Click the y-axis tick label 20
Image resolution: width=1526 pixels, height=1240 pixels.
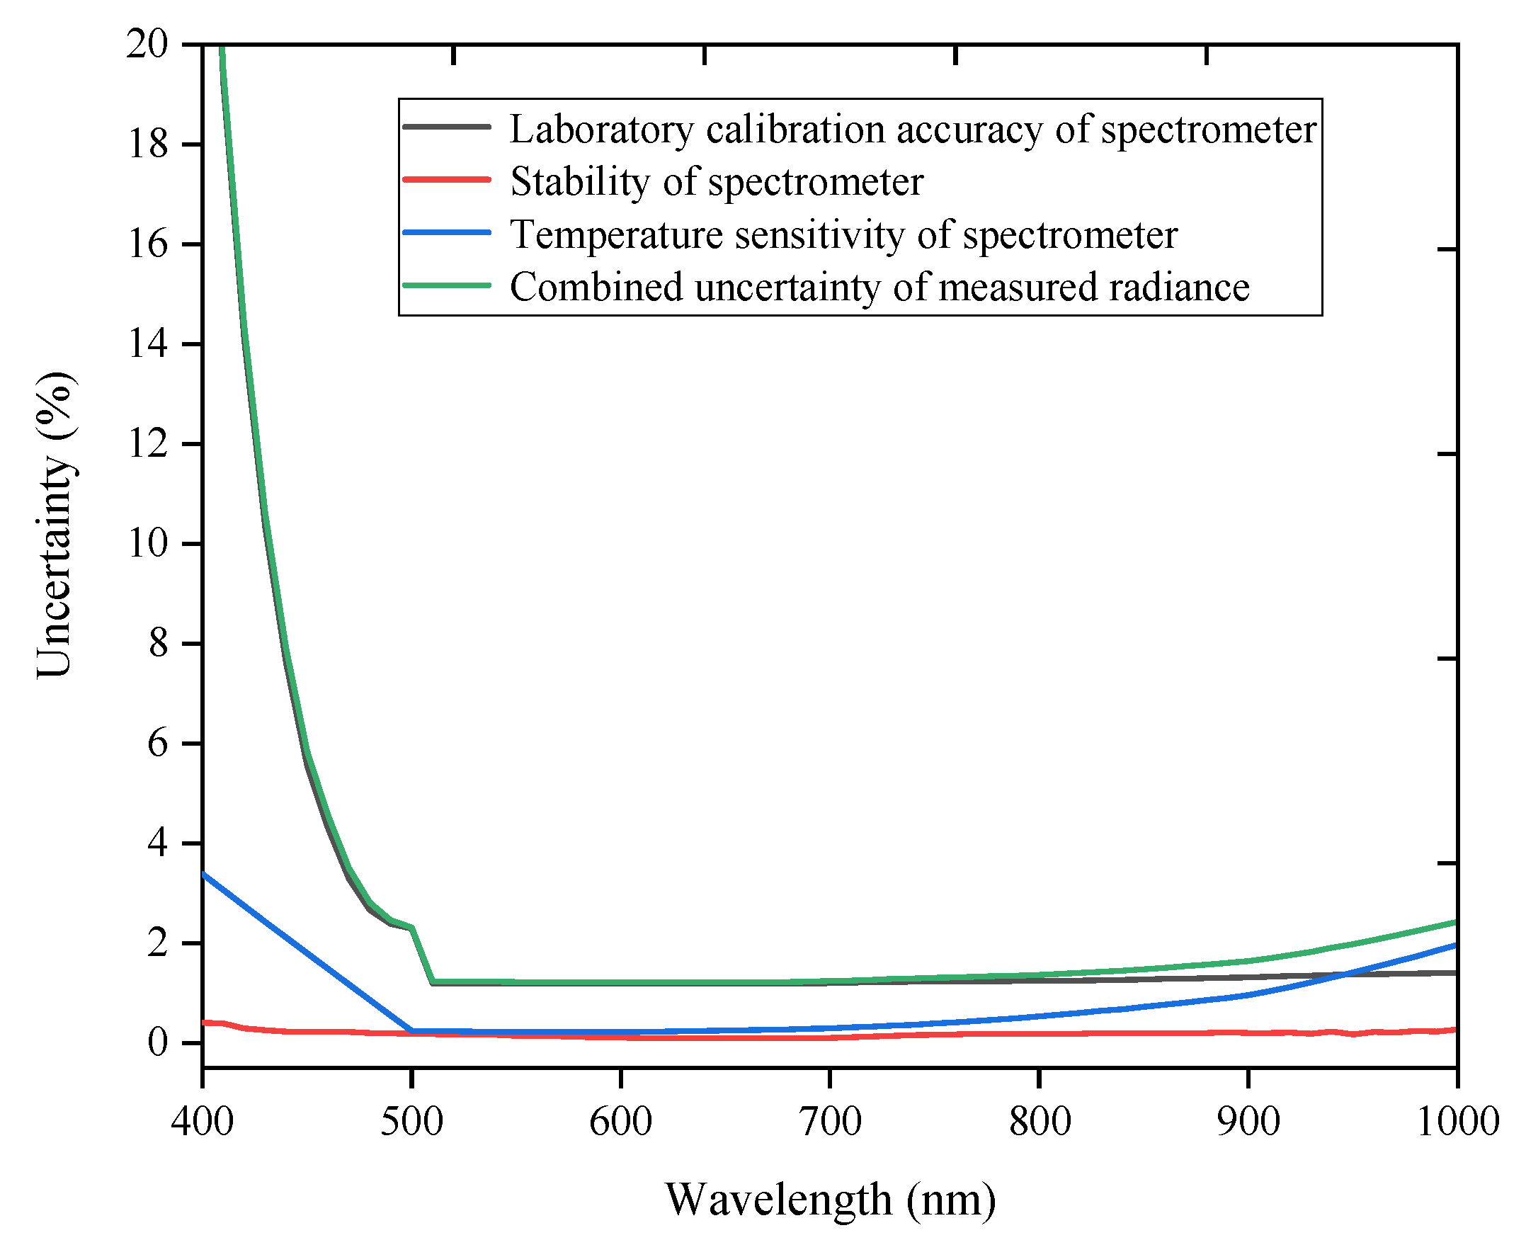point(147,45)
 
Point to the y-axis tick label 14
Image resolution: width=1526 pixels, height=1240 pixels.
point(147,344)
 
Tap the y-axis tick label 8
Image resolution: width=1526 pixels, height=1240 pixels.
point(157,644)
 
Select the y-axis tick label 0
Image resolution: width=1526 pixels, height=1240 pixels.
point(157,1043)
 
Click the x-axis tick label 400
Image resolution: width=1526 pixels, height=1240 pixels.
point(202,1122)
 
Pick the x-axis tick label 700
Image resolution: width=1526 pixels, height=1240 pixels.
point(830,1122)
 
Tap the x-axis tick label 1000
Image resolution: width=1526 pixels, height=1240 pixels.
point(1457,1122)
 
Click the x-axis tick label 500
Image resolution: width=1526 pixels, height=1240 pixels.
point(411,1122)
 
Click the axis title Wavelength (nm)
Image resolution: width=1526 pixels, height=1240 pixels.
point(830,1200)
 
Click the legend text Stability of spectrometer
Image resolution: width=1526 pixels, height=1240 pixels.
point(716,181)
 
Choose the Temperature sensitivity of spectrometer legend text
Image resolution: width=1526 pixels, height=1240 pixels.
point(843,234)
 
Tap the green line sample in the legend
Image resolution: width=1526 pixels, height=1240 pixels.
point(447,285)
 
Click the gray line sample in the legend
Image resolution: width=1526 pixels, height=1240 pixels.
point(447,127)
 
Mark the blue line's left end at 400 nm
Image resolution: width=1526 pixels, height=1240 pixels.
point(203,873)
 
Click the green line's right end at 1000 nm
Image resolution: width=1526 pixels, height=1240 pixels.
point(1455,922)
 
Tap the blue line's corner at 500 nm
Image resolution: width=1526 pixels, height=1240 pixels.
point(412,1030)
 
